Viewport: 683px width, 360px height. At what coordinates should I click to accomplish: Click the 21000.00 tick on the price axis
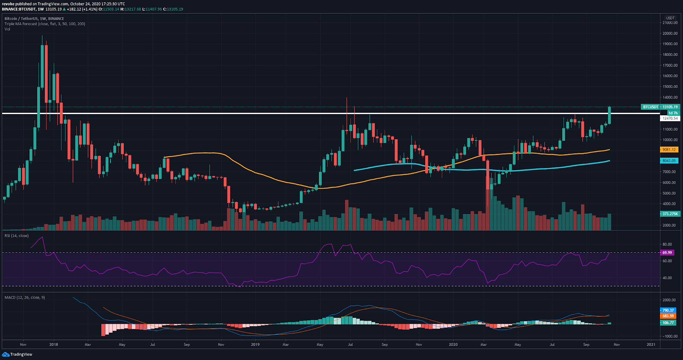coord(670,23)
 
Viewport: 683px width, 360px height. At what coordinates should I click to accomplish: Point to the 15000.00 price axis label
coord(670,87)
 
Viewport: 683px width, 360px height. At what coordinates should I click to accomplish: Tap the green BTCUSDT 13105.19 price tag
coord(660,107)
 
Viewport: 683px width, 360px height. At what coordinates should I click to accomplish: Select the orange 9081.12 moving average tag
coord(669,149)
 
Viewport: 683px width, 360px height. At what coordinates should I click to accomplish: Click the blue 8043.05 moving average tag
coord(669,161)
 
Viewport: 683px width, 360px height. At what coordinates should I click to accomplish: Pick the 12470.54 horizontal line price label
coord(670,118)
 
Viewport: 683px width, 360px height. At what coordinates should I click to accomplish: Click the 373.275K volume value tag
coord(669,214)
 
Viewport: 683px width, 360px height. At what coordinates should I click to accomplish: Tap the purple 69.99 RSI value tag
coord(667,252)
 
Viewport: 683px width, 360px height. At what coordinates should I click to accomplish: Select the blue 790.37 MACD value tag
coord(668,310)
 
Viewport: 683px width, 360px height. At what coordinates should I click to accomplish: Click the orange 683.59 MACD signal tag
coord(668,316)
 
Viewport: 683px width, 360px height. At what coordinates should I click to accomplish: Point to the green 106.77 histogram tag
coord(668,322)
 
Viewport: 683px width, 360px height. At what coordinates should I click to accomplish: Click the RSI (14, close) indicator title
coord(17,236)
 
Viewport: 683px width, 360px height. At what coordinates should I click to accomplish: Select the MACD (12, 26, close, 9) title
coord(25,297)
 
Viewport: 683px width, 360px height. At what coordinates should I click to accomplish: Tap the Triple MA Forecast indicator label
coord(45,24)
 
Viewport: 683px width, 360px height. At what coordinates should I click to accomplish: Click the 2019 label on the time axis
coord(255,344)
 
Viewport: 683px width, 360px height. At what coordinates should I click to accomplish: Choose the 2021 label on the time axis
coord(651,344)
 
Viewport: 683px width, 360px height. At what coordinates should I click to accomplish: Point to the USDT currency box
coord(670,18)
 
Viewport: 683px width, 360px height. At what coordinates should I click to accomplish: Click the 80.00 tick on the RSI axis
coord(667,245)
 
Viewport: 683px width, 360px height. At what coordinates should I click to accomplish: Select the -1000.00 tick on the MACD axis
coord(669,336)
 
